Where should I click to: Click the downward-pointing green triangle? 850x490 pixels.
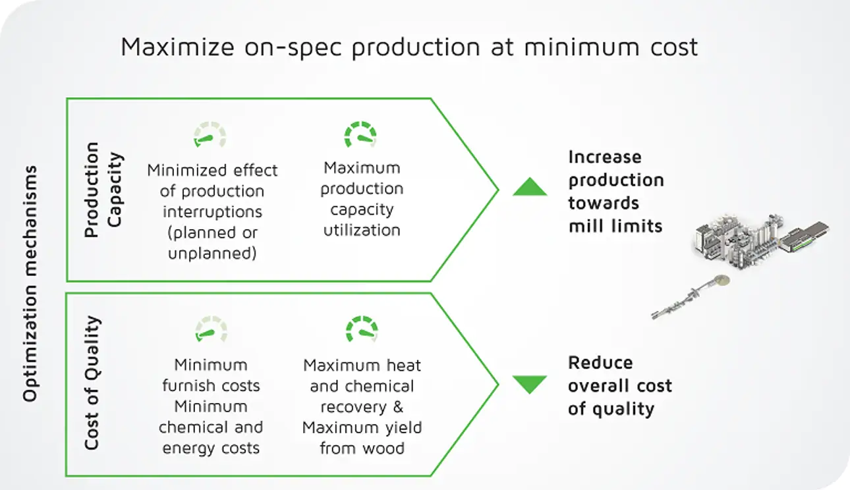[x=530, y=383]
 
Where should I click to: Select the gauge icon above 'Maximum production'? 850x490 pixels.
[x=360, y=134]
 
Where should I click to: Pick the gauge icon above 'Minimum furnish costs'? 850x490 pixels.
[x=211, y=329]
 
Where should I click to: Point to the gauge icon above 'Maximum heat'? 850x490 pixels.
[x=361, y=329]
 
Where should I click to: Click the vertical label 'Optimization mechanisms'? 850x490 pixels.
[x=30, y=283]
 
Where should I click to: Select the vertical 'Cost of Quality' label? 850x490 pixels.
[x=93, y=383]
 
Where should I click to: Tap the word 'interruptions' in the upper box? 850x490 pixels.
[x=212, y=212]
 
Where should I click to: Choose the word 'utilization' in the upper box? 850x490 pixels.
[x=361, y=231]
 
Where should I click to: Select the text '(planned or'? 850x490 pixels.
[x=212, y=233]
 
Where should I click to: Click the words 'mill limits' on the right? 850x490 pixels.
[x=615, y=226]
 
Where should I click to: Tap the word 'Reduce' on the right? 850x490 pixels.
[x=600, y=363]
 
